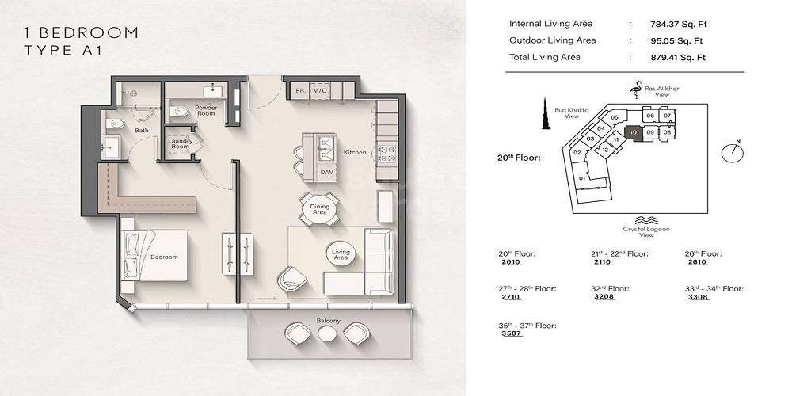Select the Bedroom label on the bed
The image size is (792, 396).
click(x=165, y=257)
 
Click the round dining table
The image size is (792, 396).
click(x=319, y=210)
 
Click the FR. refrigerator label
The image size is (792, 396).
click(x=301, y=91)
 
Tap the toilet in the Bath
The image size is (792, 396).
click(x=116, y=123)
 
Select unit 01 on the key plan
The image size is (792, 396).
click(x=582, y=178)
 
